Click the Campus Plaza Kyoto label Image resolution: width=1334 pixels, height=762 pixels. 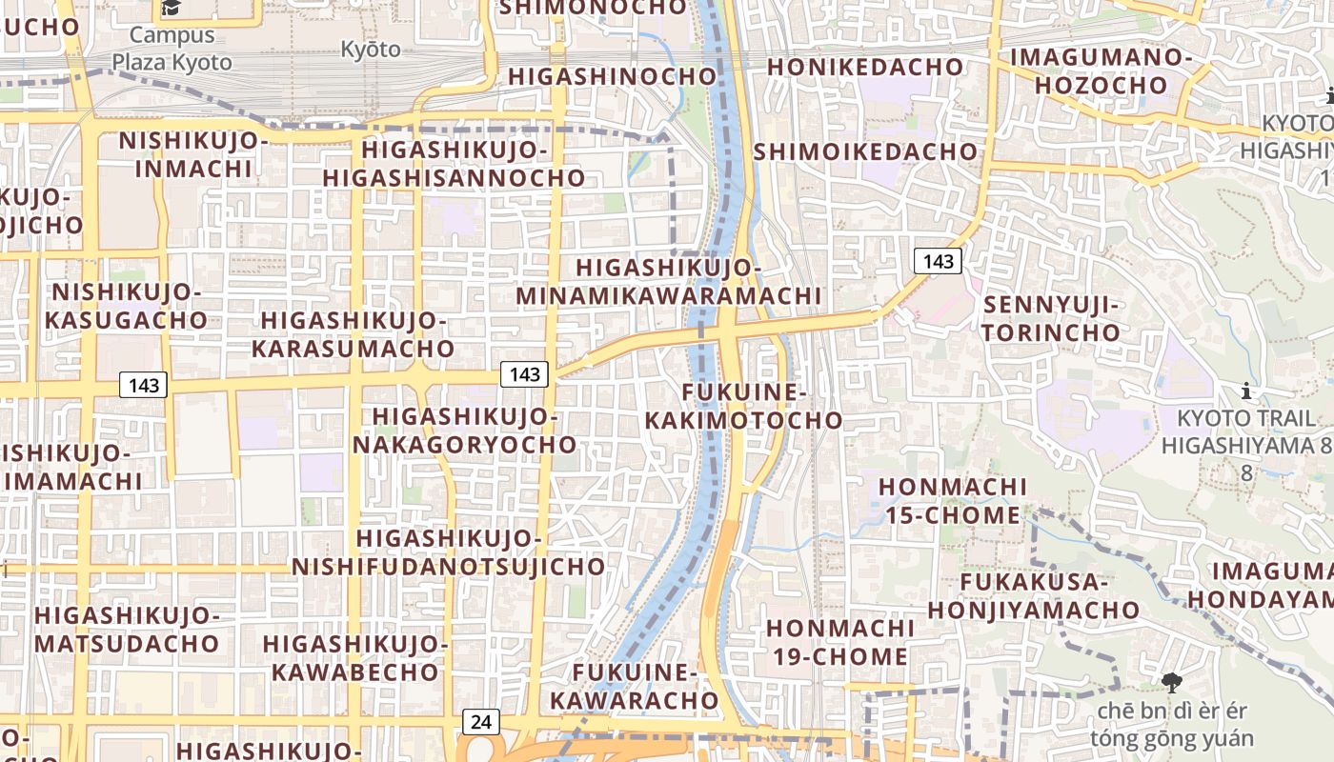coord(172,50)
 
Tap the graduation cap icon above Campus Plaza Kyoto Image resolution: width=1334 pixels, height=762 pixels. coord(172,9)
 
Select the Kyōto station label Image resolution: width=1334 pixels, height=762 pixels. coord(371,50)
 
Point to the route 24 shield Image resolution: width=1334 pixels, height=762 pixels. coord(481,721)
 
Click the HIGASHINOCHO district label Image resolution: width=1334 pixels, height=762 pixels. coord(612,76)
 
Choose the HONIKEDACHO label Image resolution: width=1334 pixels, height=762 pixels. coord(865,67)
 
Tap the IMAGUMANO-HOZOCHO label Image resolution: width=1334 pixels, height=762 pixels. coord(1101,71)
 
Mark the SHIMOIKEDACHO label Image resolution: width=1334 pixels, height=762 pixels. coord(865,151)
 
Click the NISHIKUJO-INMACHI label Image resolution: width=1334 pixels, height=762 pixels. coord(194,155)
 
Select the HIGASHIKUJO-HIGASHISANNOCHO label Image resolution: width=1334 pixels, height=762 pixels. coord(454,164)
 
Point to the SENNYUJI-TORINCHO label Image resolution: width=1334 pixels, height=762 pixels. coord(1052,319)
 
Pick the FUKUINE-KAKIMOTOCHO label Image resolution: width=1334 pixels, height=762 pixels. coord(744,407)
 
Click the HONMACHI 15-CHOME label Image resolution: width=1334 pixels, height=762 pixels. coord(953,501)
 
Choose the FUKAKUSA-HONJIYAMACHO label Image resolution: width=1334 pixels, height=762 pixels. coord(1034,596)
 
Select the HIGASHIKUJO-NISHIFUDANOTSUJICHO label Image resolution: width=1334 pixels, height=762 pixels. coord(448,552)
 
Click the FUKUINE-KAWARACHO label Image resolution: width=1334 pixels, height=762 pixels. coord(635,687)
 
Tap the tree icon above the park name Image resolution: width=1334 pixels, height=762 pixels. coord(1171,682)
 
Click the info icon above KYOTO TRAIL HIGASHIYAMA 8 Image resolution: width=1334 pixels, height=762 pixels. coord(1245,391)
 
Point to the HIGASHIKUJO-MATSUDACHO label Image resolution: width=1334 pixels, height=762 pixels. coord(127,629)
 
